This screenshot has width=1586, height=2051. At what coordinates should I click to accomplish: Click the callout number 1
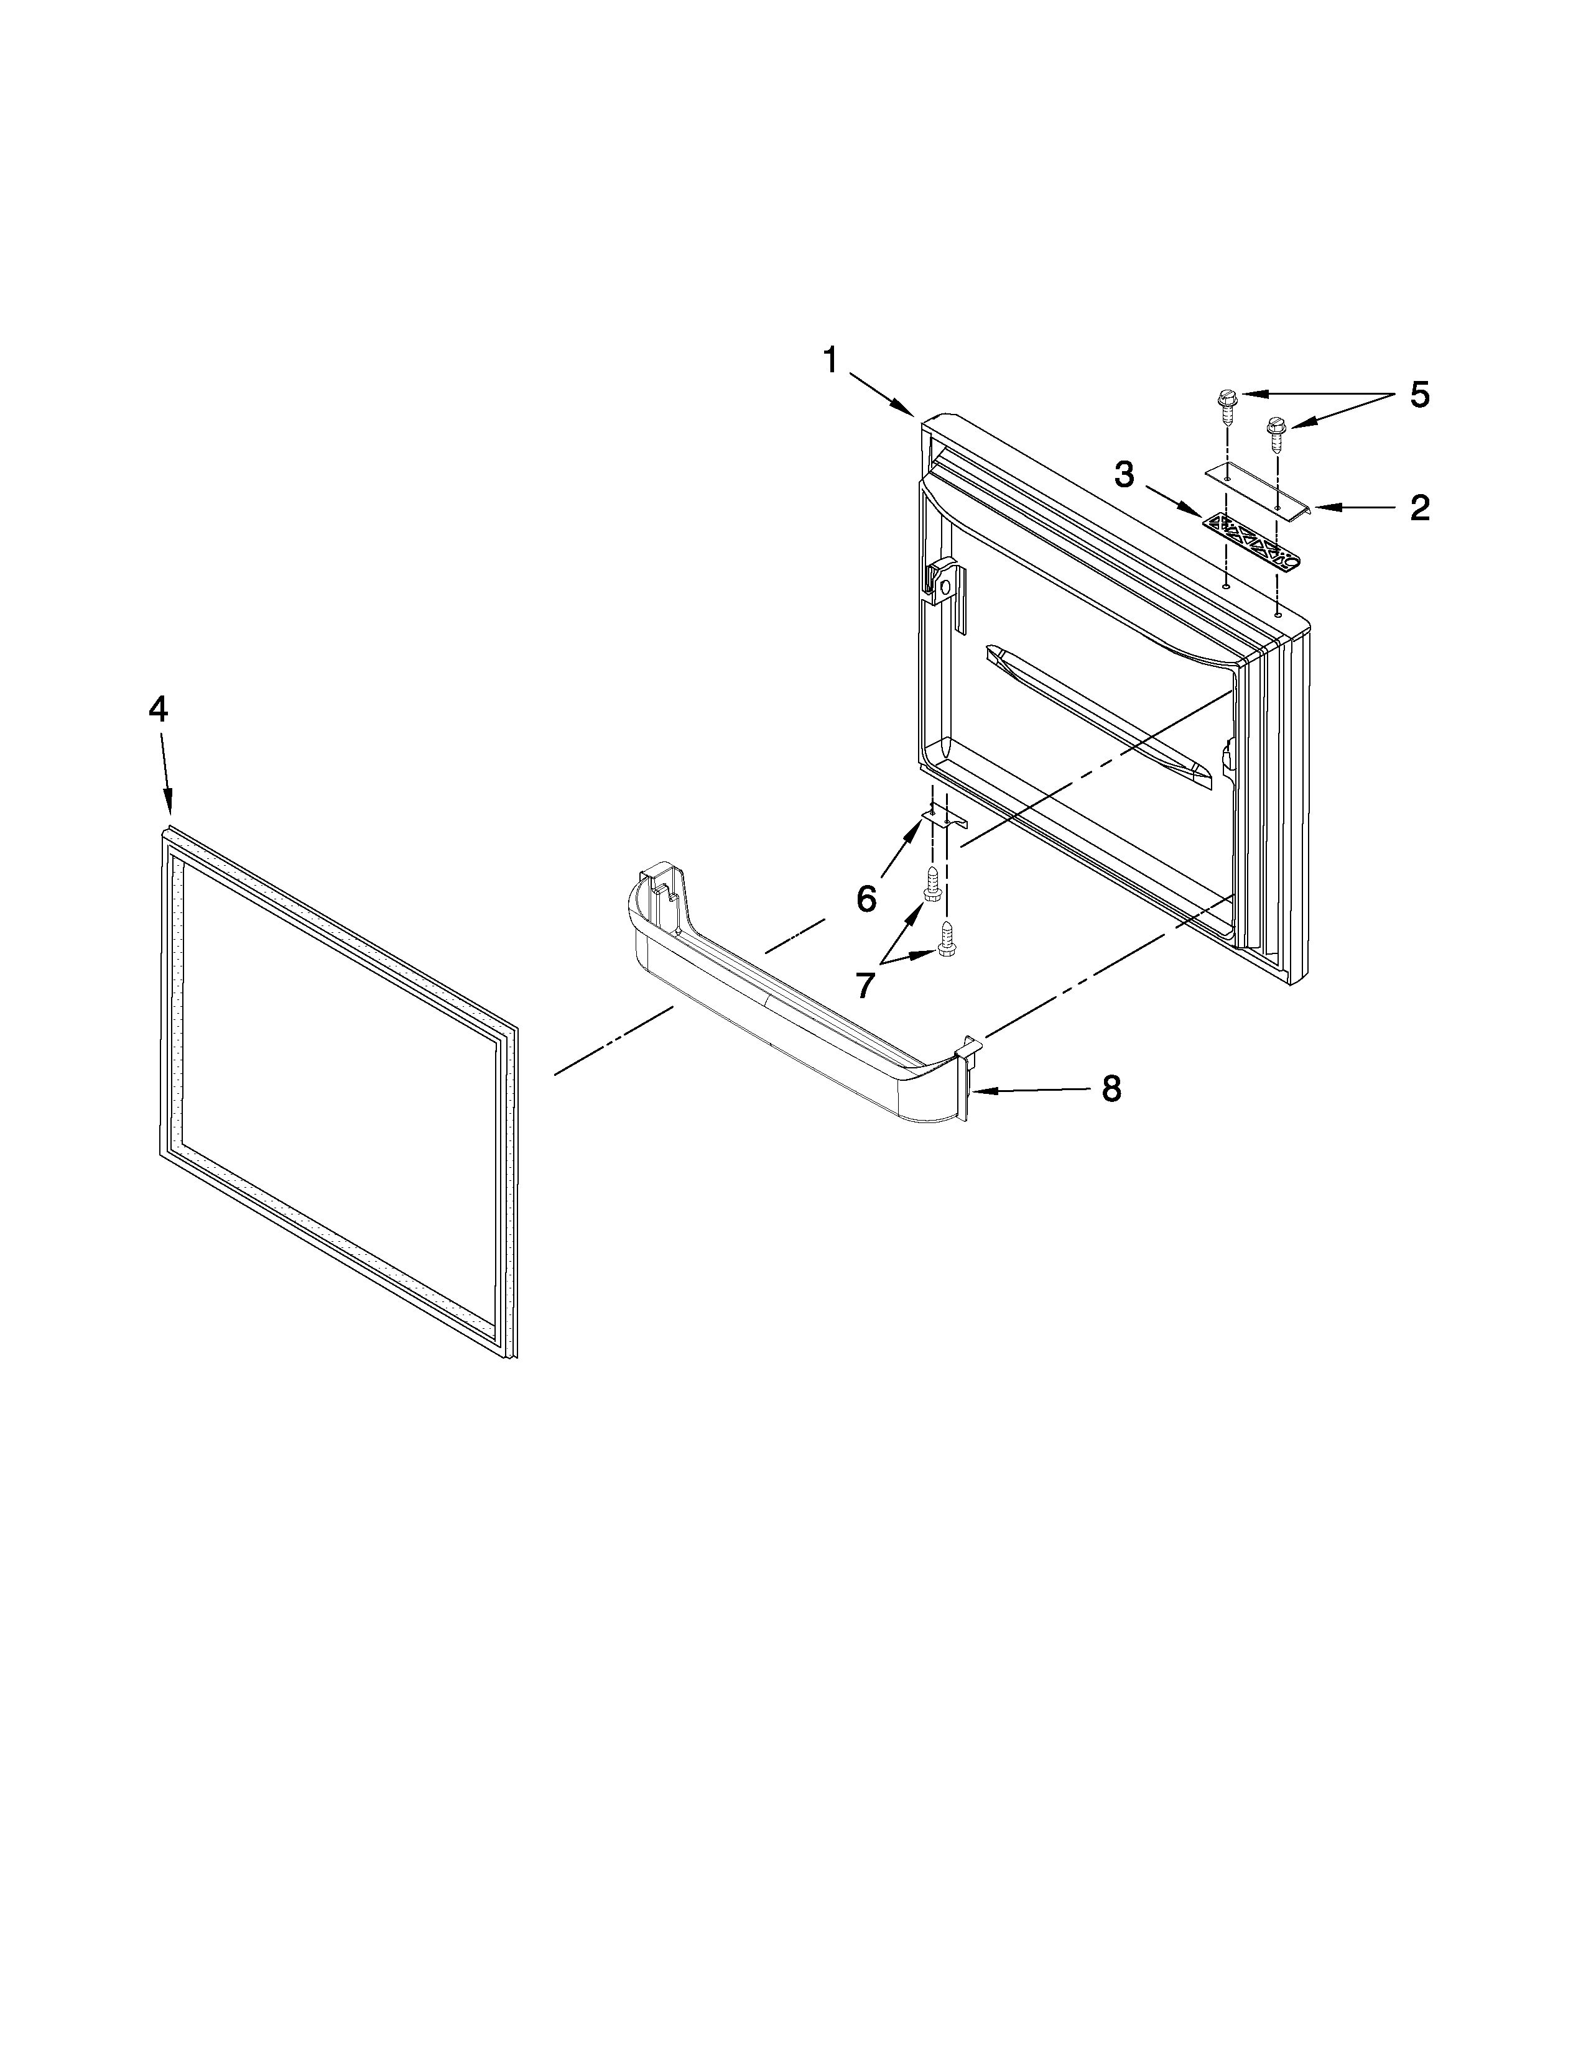(x=830, y=360)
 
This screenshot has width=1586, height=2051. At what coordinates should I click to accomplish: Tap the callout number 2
(x=1419, y=508)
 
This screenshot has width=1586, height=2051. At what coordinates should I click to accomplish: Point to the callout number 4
(x=158, y=709)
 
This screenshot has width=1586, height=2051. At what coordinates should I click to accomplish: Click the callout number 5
(x=1419, y=395)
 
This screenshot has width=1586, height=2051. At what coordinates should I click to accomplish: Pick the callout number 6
(x=866, y=899)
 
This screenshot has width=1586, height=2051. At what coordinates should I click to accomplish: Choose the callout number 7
(x=865, y=984)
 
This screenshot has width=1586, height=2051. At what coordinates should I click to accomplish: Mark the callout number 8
(x=1111, y=1090)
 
